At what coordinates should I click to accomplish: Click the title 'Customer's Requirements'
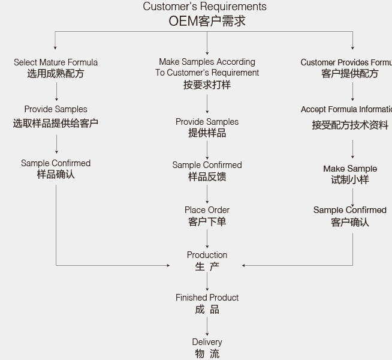pos(204,7)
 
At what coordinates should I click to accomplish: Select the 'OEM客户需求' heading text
pos(207,21)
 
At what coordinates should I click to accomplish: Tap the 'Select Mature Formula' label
pos(56,62)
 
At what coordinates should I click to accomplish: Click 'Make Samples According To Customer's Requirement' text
pos(207,67)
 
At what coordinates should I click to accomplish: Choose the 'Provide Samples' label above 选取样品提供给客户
pos(56,109)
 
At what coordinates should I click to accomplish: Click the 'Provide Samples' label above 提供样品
pos(207,122)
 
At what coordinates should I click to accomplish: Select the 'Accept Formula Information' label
pos(347,109)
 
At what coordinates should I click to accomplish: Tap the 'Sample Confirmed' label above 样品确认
pos(56,163)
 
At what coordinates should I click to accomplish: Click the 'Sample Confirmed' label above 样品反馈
pos(207,165)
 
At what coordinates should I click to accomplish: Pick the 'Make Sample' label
pos(350,169)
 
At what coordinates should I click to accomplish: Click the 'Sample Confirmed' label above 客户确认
pos(350,210)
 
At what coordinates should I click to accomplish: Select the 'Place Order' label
pos(207,210)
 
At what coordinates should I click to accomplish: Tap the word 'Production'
pos(207,255)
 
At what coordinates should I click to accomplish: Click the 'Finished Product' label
pos(207,298)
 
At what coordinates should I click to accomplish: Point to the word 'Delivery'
pos(207,342)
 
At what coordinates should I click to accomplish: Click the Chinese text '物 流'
pos(207,353)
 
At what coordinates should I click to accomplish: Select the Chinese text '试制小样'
pos(350,179)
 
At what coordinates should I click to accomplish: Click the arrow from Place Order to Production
pos(207,238)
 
